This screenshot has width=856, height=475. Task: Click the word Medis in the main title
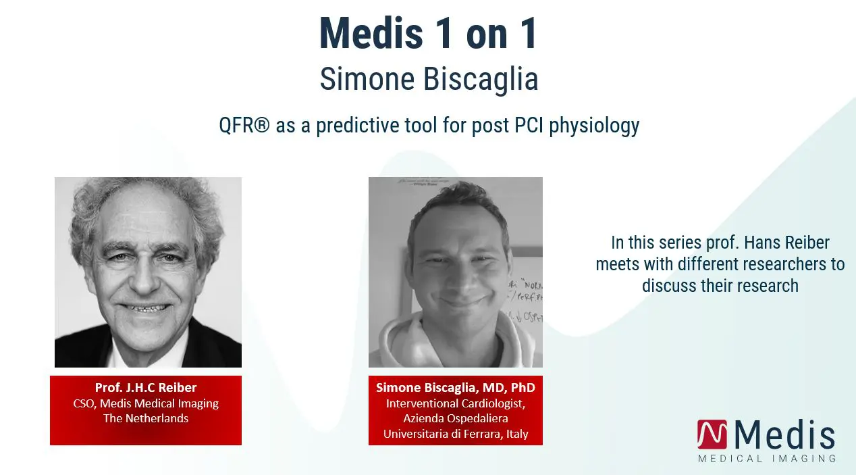(371, 33)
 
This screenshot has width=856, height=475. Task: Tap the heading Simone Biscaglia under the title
(429, 79)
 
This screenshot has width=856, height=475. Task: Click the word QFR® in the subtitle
(244, 125)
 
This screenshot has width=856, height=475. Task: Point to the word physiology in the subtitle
(594, 126)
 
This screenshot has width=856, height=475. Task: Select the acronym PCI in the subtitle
(529, 125)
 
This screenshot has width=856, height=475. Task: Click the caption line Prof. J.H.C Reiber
(146, 387)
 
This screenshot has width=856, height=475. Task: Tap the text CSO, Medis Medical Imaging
(146, 403)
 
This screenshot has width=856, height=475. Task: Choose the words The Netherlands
(146, 418)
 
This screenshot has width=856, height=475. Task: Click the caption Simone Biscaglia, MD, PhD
(456, 387)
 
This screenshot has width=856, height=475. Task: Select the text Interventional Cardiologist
(456, 403)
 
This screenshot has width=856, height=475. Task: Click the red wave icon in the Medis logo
(712, 434)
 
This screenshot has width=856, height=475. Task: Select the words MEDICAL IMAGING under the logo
(767, 459)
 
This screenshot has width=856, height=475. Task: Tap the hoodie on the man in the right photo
(455, 341)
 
